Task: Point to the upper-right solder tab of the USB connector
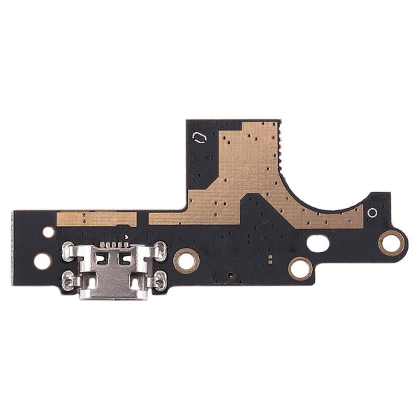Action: tap(160, 249)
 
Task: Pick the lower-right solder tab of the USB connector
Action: tap(160, 281)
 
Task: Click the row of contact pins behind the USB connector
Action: tap(114, 244)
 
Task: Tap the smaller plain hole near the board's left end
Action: tap(48, 231)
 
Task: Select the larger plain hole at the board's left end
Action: tap(43, 261)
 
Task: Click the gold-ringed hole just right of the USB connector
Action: tap(186, 260)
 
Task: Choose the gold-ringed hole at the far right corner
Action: tap(391, 243)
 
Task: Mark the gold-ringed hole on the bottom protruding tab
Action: tap(300, 267)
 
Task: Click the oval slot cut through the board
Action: tap(318, 244)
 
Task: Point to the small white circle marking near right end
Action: tap(372, 212)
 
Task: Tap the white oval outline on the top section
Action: tap(199, 136)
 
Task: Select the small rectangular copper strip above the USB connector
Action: tap(96, 219)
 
